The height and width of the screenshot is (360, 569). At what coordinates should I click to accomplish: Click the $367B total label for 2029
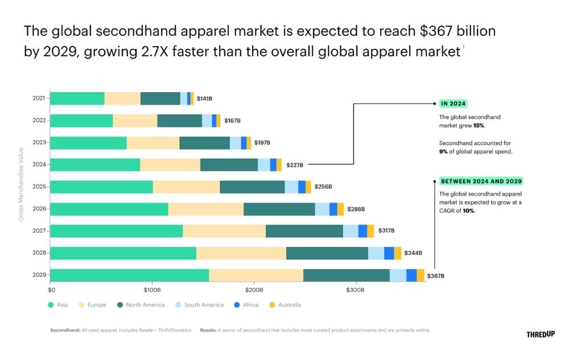coord(435,276)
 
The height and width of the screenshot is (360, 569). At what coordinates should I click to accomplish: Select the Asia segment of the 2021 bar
coord(77,98)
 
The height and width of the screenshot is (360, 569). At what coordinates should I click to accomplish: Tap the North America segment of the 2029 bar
coord(347,275)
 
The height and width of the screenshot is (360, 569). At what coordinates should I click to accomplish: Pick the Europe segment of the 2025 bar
coord(186,187)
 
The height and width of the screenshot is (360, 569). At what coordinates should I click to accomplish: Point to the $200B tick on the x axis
coord(254,290)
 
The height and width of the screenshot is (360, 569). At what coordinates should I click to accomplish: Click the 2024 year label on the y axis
coord(39,165)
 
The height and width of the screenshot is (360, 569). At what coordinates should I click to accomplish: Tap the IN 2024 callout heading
coord(453,104)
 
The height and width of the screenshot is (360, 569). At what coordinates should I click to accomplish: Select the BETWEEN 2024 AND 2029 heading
coord(481,181)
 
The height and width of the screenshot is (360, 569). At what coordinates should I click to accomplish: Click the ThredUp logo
coord(541,334)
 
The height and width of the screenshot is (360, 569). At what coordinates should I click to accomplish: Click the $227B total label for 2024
coord(295,165)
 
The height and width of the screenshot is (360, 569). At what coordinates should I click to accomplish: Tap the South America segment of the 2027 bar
coord(351,231)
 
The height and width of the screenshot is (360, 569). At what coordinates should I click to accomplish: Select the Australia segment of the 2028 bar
coord(398,253)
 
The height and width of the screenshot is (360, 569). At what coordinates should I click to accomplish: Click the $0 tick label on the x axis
coord(51,290)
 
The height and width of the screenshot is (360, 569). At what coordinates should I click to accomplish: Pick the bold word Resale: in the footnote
coord(208,330)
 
